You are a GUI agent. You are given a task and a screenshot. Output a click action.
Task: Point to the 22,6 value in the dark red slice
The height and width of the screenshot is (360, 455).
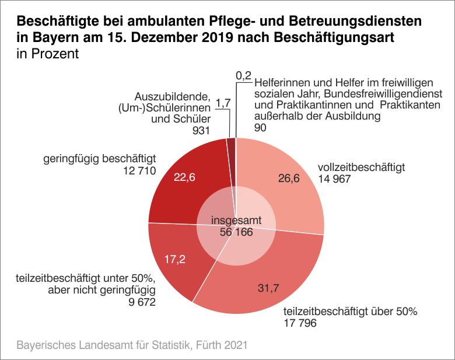click(x=184, y=177)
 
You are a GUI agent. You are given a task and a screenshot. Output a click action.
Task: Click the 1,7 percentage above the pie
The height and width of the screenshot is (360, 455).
click(x=223, y=104)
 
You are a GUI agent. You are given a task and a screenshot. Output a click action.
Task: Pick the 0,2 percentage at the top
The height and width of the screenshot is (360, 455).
click(x=243, y=75)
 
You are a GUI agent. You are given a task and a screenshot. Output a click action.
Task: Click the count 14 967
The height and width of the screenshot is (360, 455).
click(x=334, y=179)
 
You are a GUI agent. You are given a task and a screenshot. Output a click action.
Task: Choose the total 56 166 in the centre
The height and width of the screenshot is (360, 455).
click(x=236, y=232)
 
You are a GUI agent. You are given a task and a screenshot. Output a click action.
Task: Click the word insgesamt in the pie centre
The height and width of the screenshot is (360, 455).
click(x=236, y=221)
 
